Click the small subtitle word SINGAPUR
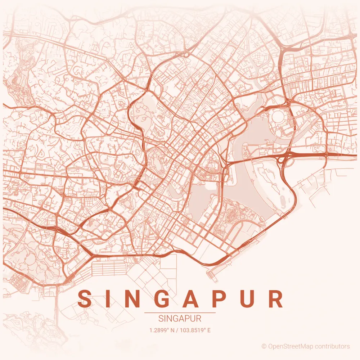click(180, 319)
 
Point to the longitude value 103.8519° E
click(197, 330)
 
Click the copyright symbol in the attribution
click(264, 346)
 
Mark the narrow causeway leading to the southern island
click(57, 306)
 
